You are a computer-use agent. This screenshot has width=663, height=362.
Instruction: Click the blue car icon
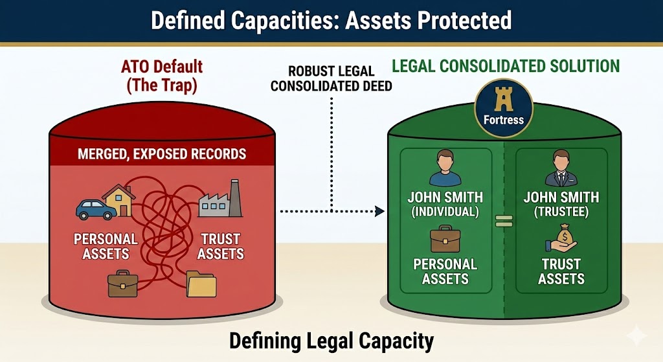(96, 209)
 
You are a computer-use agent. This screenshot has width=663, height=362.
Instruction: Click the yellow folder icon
(201, 284)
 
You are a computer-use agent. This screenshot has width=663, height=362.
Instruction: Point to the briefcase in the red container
(123, 284)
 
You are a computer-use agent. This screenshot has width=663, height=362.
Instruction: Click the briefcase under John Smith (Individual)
(445, 238)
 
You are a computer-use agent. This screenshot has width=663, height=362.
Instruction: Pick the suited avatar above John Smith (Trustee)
(561, 168)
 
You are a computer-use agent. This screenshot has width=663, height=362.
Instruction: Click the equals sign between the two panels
(503, 220)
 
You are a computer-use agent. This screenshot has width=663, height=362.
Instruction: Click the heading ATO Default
(161, 66)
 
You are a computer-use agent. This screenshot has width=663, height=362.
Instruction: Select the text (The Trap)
(161, 86)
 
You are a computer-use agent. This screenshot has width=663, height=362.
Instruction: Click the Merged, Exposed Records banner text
(162, 154)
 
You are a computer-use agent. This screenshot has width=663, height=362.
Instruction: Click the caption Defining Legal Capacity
(331, 340)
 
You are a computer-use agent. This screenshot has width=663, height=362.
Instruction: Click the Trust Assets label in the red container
(220, 247)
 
